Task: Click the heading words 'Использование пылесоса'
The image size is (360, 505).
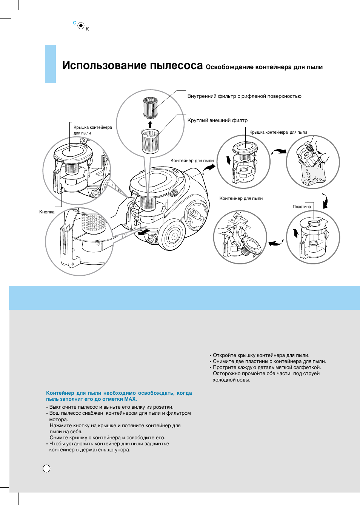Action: [132, 65]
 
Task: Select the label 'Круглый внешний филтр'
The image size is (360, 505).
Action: [217, 120]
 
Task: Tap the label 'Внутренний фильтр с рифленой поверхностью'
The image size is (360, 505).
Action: [244, 96]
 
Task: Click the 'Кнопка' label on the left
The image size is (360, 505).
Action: [47, 212]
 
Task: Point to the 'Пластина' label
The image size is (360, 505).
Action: [302, 207]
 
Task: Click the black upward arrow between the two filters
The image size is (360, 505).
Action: [150, 125]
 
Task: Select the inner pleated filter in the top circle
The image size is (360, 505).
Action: [150, 108]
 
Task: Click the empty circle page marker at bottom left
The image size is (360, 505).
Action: [46, 468]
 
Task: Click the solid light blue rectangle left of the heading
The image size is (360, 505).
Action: [50, 64]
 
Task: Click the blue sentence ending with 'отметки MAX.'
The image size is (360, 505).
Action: [119, 396]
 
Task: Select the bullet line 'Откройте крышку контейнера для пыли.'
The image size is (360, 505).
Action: [261, 355]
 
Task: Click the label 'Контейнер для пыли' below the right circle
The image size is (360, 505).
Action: [241, 198]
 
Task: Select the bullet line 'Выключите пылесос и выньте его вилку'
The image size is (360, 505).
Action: [111, 407]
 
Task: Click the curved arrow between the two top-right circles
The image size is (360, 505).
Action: [279, 152]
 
